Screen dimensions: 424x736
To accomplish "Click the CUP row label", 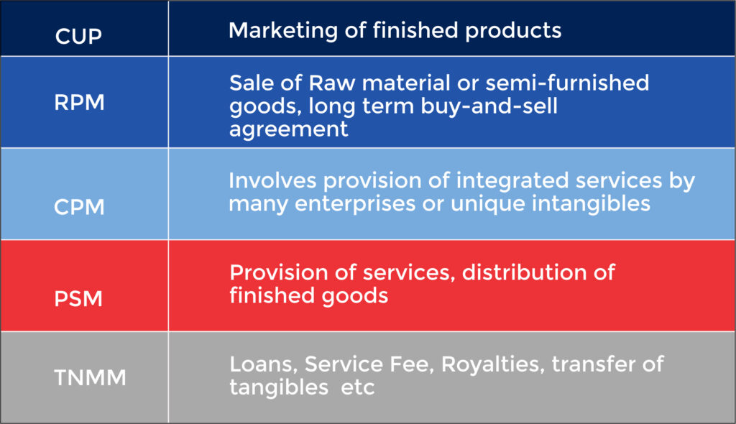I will click(x=79, y=35).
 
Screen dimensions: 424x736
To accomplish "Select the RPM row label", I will click(x=79, y=103).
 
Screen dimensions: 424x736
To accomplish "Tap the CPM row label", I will click(x=79, y=207).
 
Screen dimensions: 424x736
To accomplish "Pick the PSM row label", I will click(x=78, y=298).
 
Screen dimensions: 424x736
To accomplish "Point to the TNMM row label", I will click(x=91, y=377).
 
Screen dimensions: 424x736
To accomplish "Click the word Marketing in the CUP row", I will click(x=277, y=31).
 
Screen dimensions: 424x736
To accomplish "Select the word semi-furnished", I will click(x=567, y=83).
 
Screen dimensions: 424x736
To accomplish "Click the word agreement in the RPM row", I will click(x=289, y=130).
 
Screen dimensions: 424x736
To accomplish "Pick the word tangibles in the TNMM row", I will click(x=277, y=388).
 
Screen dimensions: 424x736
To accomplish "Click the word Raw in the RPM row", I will click(x=314, y=83).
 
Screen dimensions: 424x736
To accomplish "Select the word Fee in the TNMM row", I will click(x=413, y=364).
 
